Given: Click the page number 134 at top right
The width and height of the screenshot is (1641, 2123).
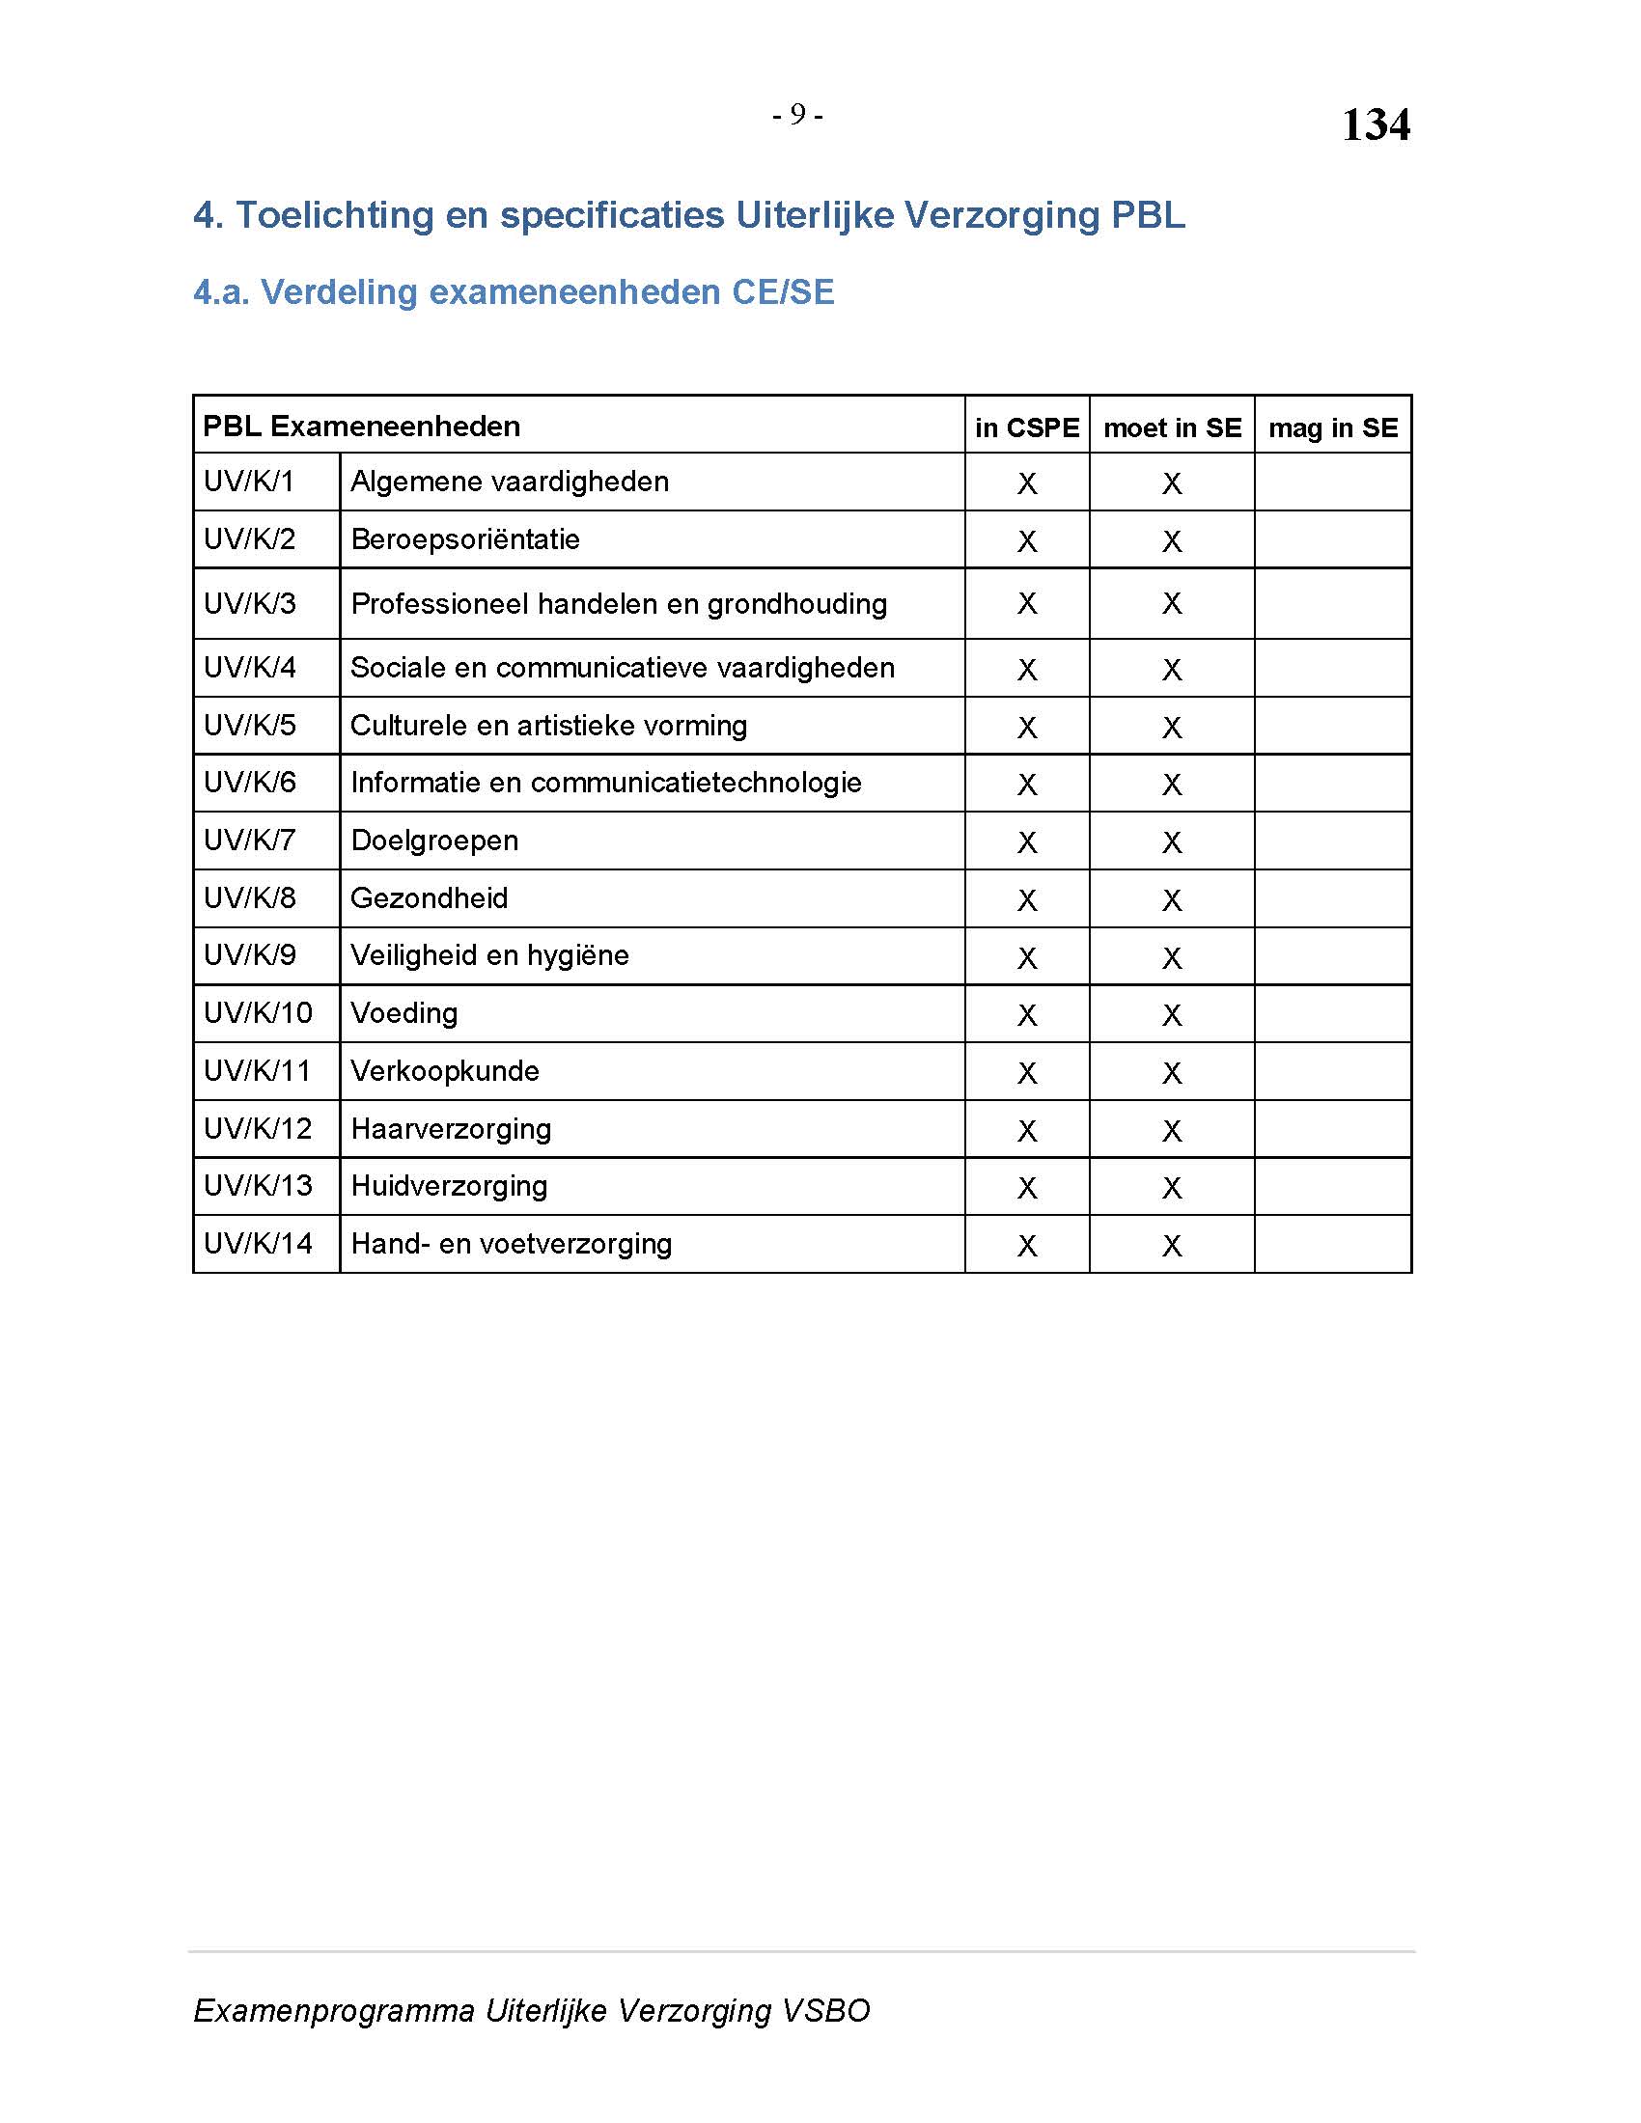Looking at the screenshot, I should coord(1375,125).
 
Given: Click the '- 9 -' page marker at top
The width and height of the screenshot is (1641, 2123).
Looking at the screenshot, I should coord(797,116).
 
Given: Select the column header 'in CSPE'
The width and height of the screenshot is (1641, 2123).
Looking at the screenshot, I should coord(1027,427).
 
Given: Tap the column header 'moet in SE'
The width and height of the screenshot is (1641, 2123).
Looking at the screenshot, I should coord(1172,427).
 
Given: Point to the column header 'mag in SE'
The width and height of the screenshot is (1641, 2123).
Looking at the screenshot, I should coord(1332,427).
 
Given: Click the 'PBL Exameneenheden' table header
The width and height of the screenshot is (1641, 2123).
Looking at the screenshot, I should coord(361,426).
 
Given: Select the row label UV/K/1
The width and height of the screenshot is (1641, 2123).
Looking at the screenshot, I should coord(248,482).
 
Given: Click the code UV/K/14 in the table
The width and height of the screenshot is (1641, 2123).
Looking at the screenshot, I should coord(258,1243).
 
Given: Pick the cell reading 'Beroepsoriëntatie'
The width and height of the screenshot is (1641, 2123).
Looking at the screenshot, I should coord(464,539).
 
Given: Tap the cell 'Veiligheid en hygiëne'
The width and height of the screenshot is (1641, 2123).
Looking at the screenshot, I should coord(489,955).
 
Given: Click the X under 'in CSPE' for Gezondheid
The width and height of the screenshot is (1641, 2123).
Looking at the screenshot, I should coord(1027,900).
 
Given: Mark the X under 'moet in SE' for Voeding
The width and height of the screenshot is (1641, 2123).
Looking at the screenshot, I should coord(1172,1015).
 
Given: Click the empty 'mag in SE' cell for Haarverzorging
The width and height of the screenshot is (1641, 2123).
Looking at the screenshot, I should coord(1332,1129).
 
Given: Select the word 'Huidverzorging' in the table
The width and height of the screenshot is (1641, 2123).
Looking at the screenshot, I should coord(449,1186).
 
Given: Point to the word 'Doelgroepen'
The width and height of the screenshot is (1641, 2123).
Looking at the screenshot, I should coord(433,841).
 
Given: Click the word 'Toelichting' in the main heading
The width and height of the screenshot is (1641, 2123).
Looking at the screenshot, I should coord(334,215).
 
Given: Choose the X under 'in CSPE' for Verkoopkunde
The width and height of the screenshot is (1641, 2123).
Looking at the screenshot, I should coord(1027,1073).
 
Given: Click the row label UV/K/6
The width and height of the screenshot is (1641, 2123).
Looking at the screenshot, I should coord(249,783).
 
